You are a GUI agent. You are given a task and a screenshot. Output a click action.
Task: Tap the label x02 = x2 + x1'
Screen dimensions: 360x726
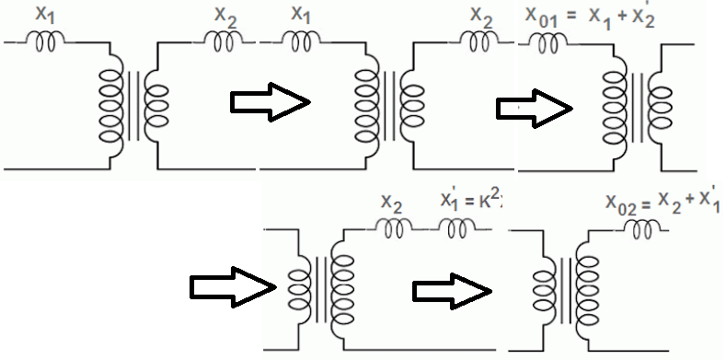(x=663, y=205)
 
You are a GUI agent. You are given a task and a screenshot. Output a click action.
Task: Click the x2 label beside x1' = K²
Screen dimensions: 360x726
(x=392, y=203)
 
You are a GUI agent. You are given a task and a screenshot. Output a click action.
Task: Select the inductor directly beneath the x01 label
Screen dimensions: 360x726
(x=545, y=41)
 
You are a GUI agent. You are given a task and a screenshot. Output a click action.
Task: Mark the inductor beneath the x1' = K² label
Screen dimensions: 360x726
(x=457, y=227)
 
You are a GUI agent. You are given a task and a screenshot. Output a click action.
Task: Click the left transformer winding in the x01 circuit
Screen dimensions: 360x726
(x=612, y=105)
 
